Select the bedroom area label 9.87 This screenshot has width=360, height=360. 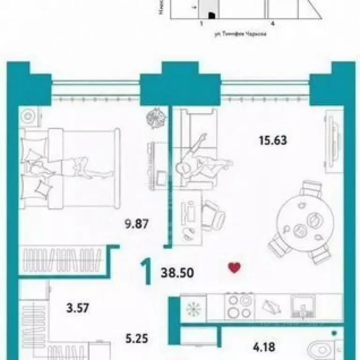[135, 224]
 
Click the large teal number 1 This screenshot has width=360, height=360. [147, 272]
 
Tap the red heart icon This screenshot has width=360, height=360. [234, 268]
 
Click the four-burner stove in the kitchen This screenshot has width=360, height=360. [239, 306]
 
